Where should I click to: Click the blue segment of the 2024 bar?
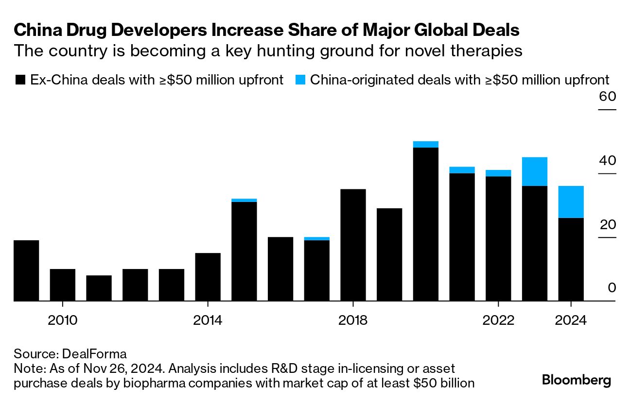click(571, 202)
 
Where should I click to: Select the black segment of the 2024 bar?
click(571, 259)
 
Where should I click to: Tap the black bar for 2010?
click(63, 285)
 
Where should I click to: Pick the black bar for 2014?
click(208, 277)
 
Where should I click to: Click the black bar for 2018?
click(353, 245)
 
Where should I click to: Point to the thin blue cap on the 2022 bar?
click(498, 173)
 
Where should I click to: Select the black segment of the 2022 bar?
click(498, 238)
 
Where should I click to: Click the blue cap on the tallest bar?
click(425, 144)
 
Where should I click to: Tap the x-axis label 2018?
click(353, 320)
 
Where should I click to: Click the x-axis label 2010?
click(63, 320)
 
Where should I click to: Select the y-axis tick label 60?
click(607, 97)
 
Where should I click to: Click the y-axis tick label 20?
click(607, 225)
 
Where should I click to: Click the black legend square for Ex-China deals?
click(20, 80)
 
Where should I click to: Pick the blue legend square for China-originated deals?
click(300, 80)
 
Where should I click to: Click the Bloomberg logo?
click(576, 380)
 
